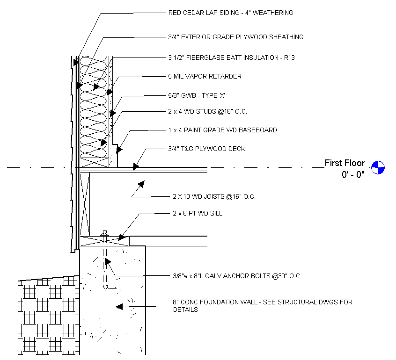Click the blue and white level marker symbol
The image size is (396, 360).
point(378,166)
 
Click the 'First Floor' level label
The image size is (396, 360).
point(345,163)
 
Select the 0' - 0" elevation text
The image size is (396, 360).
point(353,175)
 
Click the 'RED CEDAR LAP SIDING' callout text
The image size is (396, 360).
point(230,13)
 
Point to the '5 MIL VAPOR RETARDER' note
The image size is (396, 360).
point(205,76)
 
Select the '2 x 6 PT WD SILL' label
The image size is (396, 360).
point(195,213)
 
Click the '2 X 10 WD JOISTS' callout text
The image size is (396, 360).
point(212,196)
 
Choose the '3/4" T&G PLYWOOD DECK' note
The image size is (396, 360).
point(206,149)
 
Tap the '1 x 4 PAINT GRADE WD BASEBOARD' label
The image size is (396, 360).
point(222,130)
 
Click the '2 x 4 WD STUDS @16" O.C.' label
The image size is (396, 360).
point(207,112)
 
